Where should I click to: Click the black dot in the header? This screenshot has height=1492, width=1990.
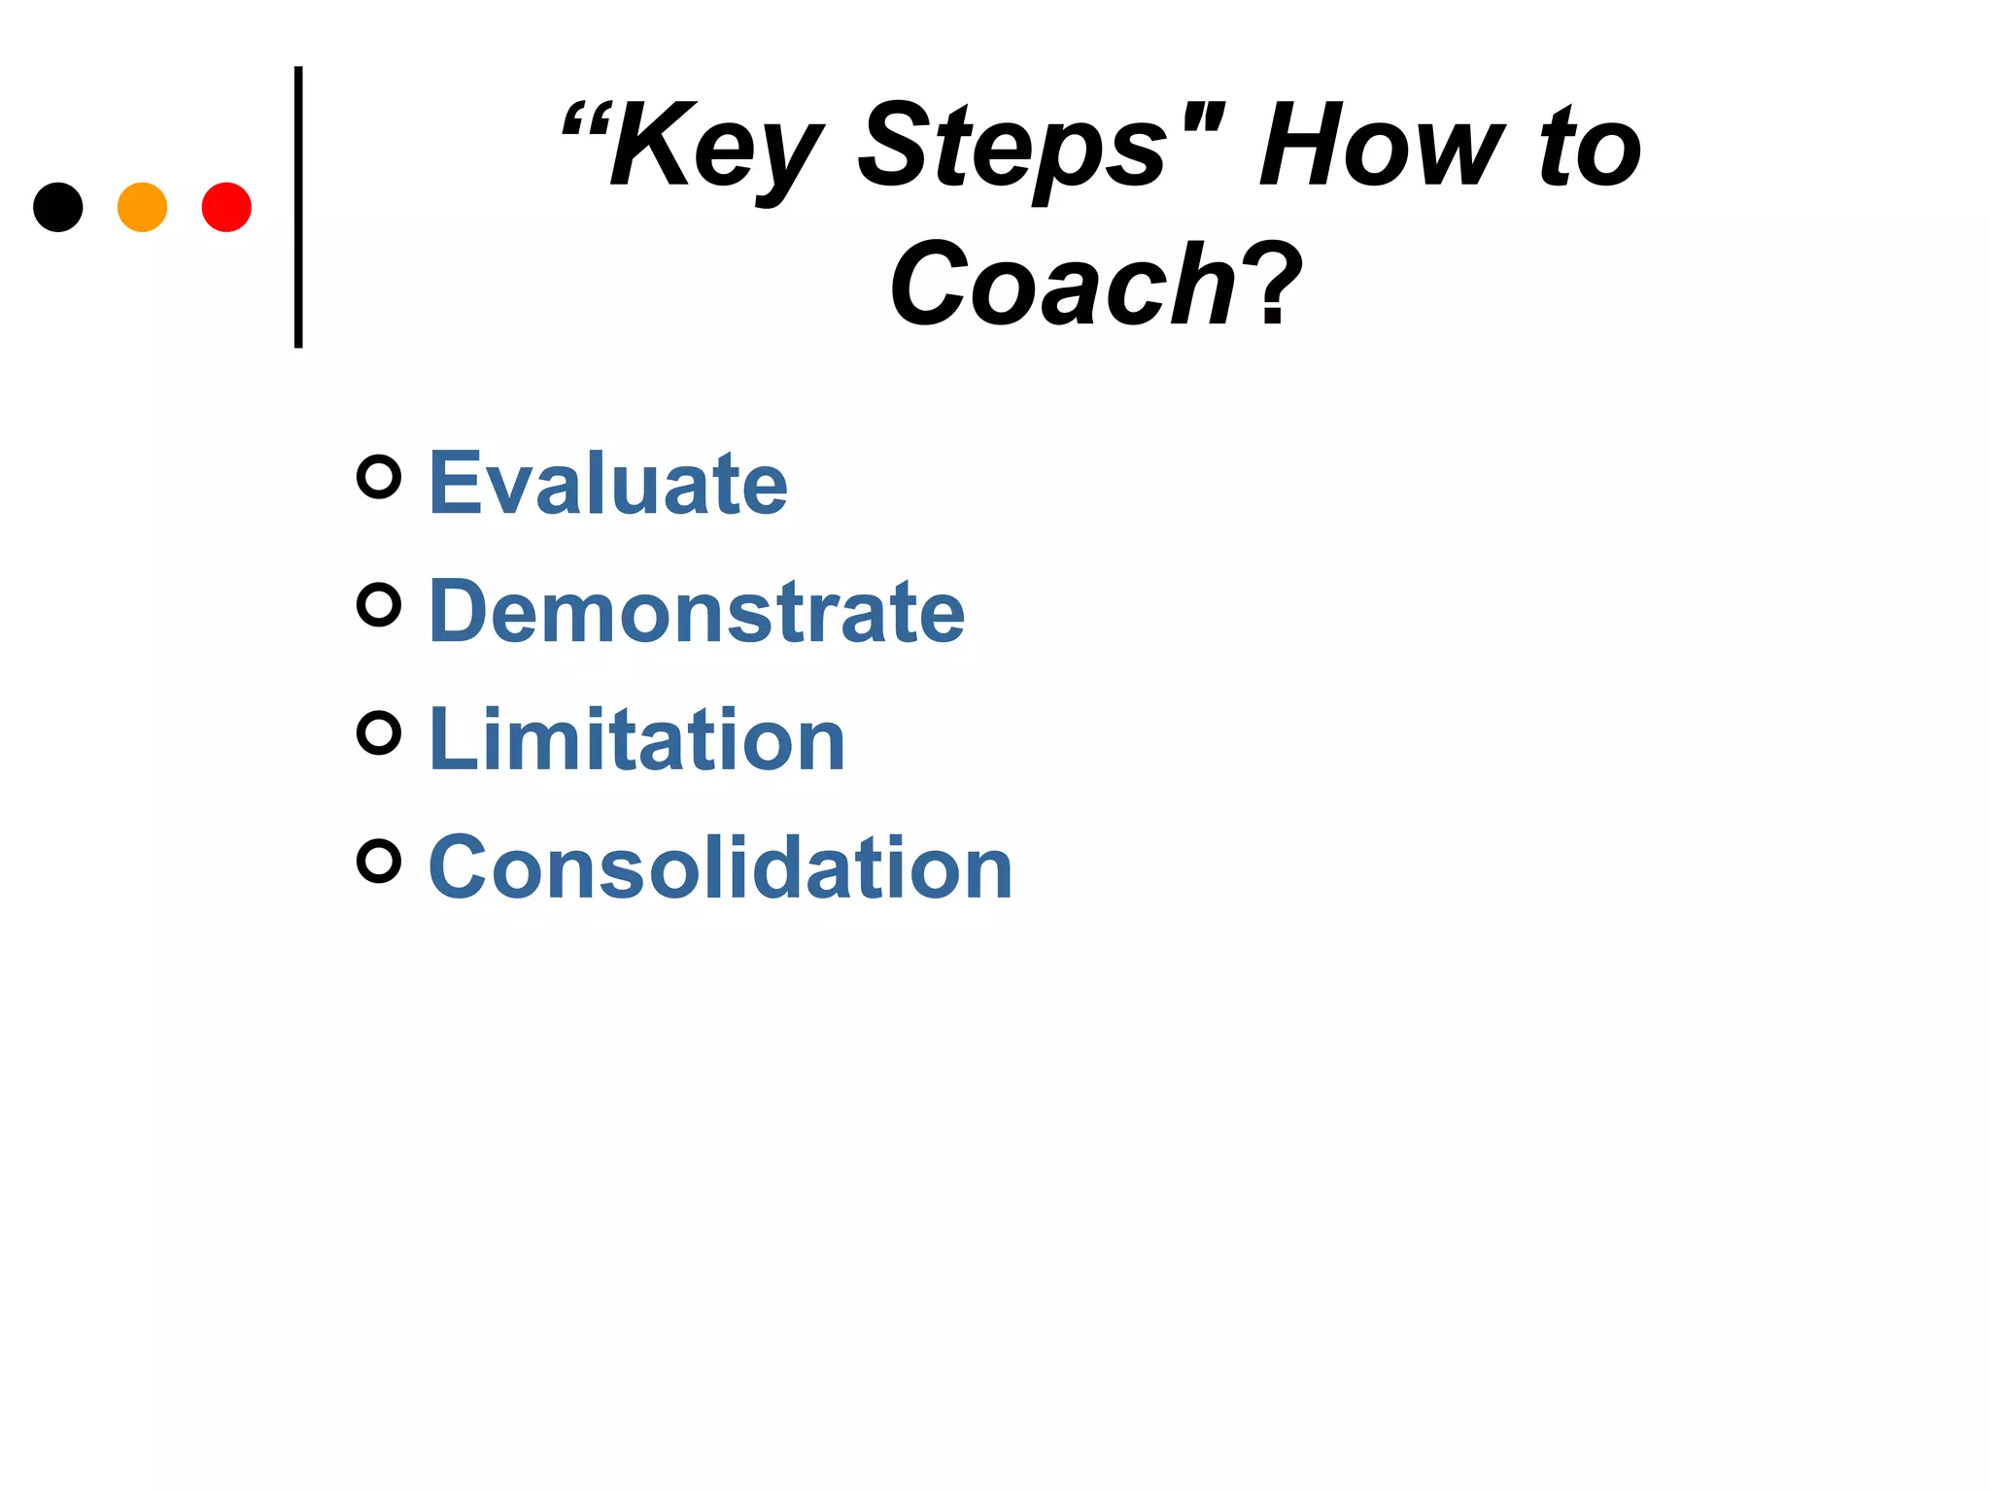pos(58,207)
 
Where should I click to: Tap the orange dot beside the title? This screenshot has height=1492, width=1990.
pos(142,207)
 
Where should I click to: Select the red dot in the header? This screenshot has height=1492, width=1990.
pos(226,207)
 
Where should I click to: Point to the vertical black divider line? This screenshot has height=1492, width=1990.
pos(298,207)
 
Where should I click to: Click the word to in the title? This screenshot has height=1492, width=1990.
pos(1590,149)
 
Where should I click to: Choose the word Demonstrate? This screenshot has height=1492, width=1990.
pos(697,611)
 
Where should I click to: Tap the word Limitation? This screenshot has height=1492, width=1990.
pos(636,739)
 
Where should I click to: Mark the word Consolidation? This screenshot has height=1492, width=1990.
pos(720,867)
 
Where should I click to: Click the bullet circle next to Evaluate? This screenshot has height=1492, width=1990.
pos(379,477)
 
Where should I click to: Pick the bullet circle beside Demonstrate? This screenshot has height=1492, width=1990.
pos(379,605)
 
